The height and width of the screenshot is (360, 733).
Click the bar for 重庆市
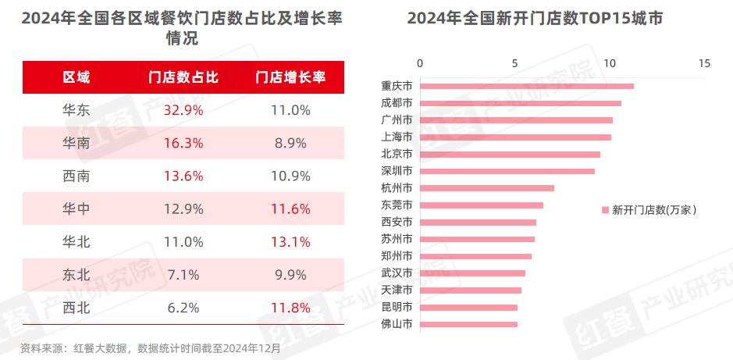[x=527, y=86]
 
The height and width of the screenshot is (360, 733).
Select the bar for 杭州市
[x=487, y=188]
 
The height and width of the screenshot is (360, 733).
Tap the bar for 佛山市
[x=468, y=324]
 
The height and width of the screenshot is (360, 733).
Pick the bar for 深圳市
[x=507, y=171]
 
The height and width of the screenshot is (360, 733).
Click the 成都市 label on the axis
[x=396, y=103]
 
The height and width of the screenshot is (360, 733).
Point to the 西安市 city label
[x=396, y=222]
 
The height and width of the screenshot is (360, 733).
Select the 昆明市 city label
[x=396, y=307]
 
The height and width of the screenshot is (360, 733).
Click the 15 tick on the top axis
[x=704, y=63]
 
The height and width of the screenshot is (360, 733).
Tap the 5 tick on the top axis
[x=514, y=63]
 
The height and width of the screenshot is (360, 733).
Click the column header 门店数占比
[x=183, y=77]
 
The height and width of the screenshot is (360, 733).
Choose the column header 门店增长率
[x=290, y=77]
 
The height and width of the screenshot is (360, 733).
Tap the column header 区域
[x=76, y=77]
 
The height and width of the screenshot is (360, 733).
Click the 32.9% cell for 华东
[x=183, y=111]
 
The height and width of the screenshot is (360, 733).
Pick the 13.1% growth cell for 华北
[x=290, y=242]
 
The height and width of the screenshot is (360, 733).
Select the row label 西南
[x=76, y=176]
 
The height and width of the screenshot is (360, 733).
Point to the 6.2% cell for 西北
[x=183, y=308]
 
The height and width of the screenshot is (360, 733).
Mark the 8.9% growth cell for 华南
[x=290, y=144]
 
